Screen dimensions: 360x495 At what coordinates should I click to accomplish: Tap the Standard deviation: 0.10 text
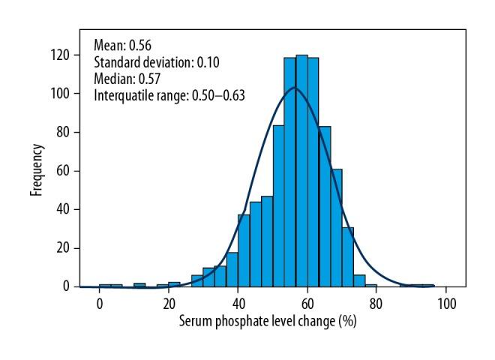click(x=155, y=61)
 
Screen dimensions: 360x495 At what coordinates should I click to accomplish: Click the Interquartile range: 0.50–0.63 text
click(x=169, y=95)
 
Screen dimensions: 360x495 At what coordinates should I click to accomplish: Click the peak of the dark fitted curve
click(x=295, y=88)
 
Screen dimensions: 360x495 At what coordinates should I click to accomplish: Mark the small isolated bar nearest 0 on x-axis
click(x=105, y=285)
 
